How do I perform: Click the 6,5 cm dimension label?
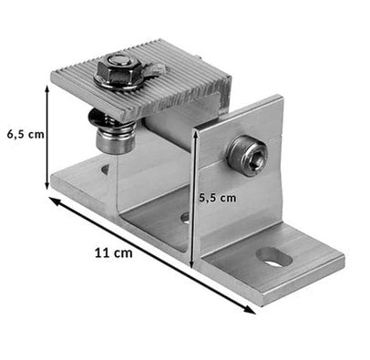[x=26, y=135]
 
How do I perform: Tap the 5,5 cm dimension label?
[x=218, y=198]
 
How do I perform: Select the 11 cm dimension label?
[x=114, y=253]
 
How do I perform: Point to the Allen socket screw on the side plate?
[x=247, y=156]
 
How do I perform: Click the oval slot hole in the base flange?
[x=274, y=257]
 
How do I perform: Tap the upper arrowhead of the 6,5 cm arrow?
[x=47, y=89]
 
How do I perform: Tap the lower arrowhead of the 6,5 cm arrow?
[x=47, y=186]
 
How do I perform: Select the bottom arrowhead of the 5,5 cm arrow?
[x=192, y=264]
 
